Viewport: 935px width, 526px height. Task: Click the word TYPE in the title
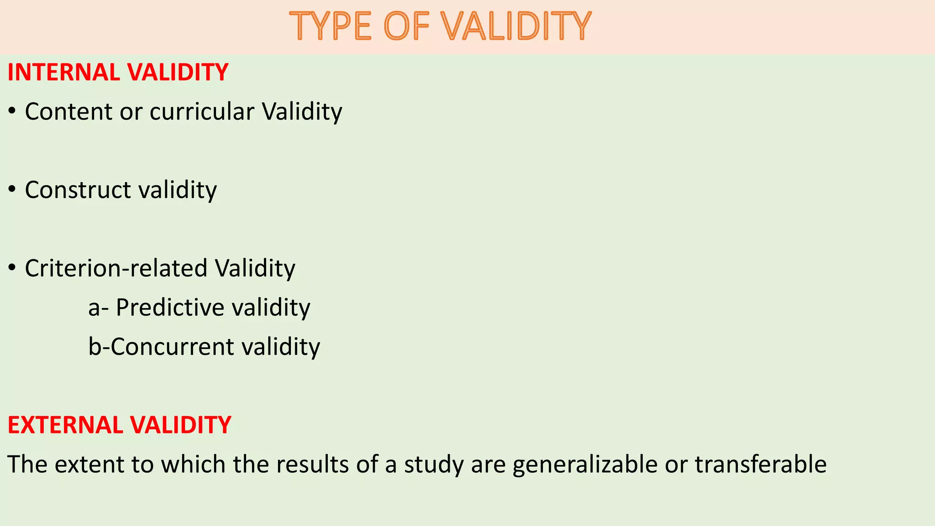click(331, 26)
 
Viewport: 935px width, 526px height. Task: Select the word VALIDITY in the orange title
click(516, 26)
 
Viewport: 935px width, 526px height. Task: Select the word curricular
click(202, 111)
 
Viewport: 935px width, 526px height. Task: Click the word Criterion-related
click(116, 268)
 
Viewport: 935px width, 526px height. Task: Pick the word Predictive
click(170, 307)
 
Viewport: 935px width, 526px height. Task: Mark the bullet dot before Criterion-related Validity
click(12, 268)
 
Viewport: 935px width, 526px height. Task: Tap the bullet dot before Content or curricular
click(12, 111)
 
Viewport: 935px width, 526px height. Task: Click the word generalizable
click(585, 464)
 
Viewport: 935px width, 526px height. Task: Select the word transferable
click(761, 464)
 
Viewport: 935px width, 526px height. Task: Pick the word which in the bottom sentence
click(193, 464)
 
